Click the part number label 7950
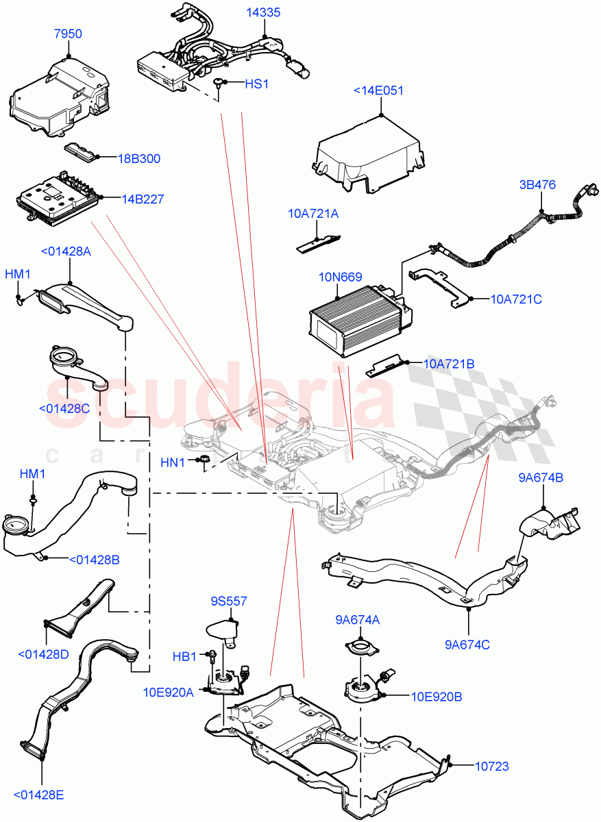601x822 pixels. pyautogui.click(x=68, y=34)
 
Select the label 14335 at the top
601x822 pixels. pyautogui.click(x=264, y=13)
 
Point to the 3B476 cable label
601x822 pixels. pyautogui.click(x=537, y=184)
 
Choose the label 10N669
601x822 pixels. pyautogui.click(x=340, y=278)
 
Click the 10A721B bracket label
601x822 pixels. pyautogui.click(x=449, y=364)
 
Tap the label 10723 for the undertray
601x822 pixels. pyautogui.click(x=492, y=767)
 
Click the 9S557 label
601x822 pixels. pyautogui.click(x=229, y=601)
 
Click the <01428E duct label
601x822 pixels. pyautogui.click(x=42, y=795)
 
